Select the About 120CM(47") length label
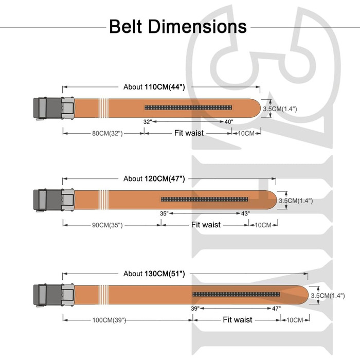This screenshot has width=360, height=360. pos(154,178)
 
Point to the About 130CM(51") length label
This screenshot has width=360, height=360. pos(154,274)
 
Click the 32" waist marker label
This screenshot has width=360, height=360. pos(148,122)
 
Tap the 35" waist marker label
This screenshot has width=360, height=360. pos(164,213)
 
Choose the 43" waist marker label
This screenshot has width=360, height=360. pos(245,213)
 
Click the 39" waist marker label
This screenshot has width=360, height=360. pos(195,308)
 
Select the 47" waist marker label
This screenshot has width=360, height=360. pos(276,308)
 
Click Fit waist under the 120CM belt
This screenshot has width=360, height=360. pos(206,225)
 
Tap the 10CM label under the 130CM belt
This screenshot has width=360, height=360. pos(295,320)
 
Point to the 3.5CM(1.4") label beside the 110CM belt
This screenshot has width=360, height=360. pos(280,109)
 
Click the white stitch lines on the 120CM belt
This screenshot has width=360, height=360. pos(103,200)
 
